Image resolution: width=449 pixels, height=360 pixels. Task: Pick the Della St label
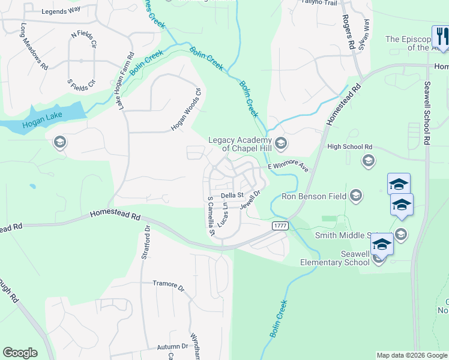[231, 195]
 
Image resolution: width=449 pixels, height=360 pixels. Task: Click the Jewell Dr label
[252, 200]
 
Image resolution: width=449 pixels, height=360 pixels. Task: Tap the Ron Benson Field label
[315, 196]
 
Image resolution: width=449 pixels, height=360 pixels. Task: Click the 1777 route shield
[279, 225]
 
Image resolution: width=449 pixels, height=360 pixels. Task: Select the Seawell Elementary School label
[335, 258]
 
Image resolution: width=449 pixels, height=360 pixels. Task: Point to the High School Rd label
[349, 146]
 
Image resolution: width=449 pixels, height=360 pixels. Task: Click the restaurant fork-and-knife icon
[441, 35]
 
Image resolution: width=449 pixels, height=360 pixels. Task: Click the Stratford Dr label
[145, 243]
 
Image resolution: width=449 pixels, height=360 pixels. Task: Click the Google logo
[20, 353]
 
